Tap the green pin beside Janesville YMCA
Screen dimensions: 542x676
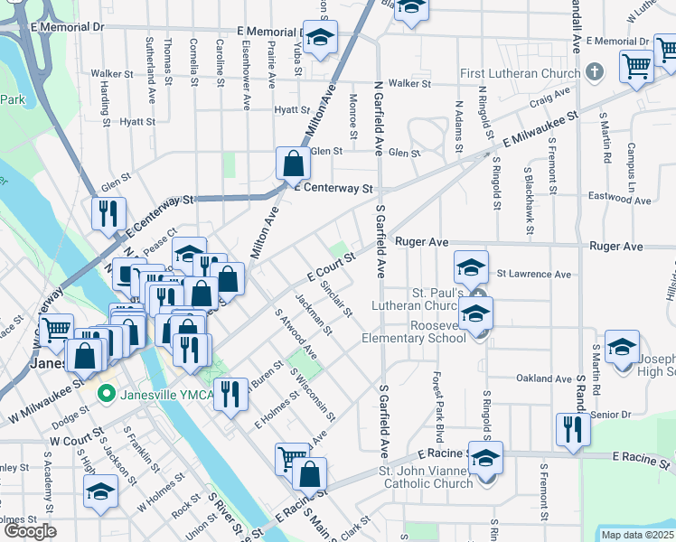(107, 393)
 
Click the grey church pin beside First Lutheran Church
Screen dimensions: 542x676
(594, 71)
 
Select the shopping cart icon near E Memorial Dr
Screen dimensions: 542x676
(636, 66)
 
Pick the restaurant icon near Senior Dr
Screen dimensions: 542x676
(572, 429)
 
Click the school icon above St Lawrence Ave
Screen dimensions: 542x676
(472, 266)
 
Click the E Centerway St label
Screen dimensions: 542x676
(333, 189)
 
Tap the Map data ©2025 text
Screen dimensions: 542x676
(636, 535)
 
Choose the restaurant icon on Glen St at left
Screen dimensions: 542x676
(108, 214)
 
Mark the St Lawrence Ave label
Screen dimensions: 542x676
(533, 274)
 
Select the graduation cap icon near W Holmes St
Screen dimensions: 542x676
(99, 491)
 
